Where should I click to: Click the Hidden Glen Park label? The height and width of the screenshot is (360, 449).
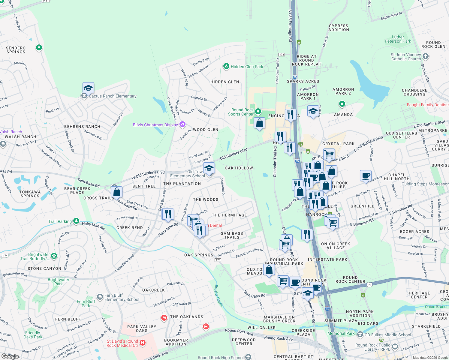pos(247,67)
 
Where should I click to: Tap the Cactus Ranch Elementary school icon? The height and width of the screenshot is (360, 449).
pos(88,88)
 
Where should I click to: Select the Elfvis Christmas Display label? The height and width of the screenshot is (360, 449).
pos(155,125)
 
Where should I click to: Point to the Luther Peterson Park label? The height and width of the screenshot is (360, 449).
pos(398,39)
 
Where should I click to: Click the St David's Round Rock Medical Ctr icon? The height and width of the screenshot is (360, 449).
pos(143,343)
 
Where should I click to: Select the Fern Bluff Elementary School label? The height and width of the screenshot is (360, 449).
pos(122,297)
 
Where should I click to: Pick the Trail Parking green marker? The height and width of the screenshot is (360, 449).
pos(76,221)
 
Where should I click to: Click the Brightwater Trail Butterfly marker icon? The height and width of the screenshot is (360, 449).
pos(54,256)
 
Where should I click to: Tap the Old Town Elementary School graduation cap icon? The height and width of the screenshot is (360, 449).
pos(209,168)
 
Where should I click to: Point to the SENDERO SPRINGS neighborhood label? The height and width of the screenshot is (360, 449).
pos(16,50)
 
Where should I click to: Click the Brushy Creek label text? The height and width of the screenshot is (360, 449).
pos(218,295)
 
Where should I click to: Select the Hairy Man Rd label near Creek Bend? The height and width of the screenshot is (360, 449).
pos(93,226)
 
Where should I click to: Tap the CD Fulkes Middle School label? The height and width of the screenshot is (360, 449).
pos(388,335)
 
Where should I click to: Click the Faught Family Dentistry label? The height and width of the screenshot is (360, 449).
pos(428,105)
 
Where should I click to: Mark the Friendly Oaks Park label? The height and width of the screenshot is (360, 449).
pos(33,335)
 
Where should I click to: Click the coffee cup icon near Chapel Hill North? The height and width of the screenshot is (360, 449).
pos(366,175)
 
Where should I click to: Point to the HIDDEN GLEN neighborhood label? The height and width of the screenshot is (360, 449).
pos(225,82)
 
